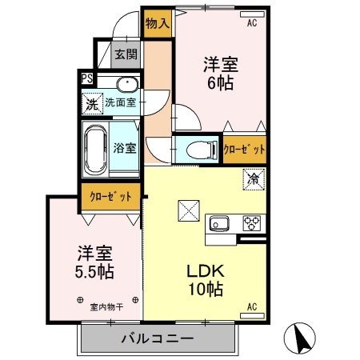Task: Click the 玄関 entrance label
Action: pyautogui.click(x=126, y=54)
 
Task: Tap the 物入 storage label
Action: pyautogui.click(x=158, y=23)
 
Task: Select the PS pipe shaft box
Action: pyautogui.click(x=87, y=78)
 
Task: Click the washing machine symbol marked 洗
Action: pyautogui.click(x=92, y=104)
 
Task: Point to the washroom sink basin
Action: pyautogui.click(x=128, y=84)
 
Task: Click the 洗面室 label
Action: pyautogui.click(x=121, y=102)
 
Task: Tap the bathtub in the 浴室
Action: pyautogui.click(x=95, y=150)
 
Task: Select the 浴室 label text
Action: pyautogui.click(x=125, y=148)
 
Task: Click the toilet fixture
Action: pyautogui.click(x=202, y=150)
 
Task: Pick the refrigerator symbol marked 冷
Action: pyautogui.click(x=254, y=179)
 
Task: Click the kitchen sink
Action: pyautogui.click(x=219, y=223)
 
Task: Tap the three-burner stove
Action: pyautogui.click(x=252, y=223)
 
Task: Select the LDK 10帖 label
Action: pyautogui.click(x=206, y=280)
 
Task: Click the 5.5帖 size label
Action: pyautogui.click(x=94, y=272)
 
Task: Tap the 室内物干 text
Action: pyautogui.click(x=106, y=307)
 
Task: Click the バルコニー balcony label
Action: pyautogui.click(x=158, y=339)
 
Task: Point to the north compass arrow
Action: pyautogui.click(x=300, y=338)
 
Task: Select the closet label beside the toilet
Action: pyautogui.click(x=244, y=150)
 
